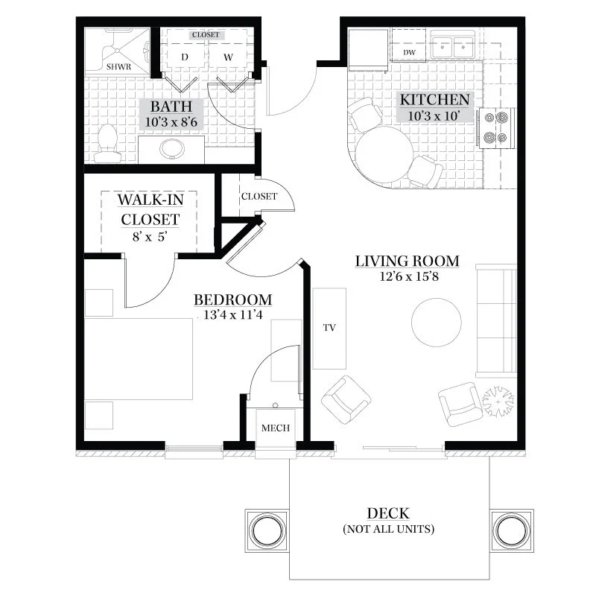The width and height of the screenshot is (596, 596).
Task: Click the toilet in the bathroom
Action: [x=107, y=144]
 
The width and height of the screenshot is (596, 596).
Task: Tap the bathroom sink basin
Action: [x=172, y=148]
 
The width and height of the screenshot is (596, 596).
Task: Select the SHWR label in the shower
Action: [x=118, y=67]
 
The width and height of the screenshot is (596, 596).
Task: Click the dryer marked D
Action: [x=185, y=57]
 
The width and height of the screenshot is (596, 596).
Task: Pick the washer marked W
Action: [x=228, y=57]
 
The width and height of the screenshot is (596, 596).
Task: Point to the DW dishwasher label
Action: [x=409, y=52]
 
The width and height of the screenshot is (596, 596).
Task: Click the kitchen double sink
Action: [x=453, y=47]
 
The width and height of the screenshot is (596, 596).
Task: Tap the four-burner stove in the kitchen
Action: [x=496, y=127]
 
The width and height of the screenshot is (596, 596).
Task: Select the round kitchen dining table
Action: [x=384, y=155]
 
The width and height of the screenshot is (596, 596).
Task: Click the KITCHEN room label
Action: [x=434, y=100]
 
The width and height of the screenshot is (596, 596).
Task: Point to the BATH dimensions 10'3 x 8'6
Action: [x=171, y=122]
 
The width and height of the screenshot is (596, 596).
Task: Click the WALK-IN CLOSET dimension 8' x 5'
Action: [x=150, y=237]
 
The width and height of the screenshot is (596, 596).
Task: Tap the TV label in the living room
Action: [x=329, y=328]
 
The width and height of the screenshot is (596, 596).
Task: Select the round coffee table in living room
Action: [x=437, y=323]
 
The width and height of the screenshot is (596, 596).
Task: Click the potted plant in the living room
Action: [x=498, y=402]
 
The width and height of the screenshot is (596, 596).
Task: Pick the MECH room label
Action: [x=276, y=428]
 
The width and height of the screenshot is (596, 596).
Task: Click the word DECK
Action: [x=388, y=513]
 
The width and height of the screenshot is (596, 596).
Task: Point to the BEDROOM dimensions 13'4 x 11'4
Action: [x=233, y=314]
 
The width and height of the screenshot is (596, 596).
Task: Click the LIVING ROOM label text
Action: [x=407, y=261]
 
